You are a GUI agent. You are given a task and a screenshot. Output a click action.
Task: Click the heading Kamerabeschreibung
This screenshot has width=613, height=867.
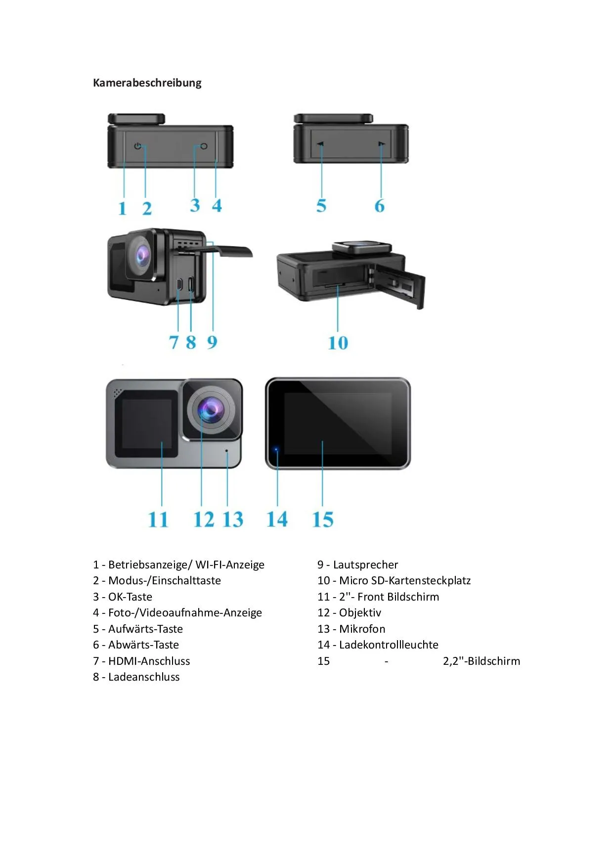click(147, 83)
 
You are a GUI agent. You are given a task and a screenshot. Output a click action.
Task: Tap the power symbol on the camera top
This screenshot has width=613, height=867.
click(138, 146)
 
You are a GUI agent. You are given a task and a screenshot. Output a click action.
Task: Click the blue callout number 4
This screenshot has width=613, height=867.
click(217, 205)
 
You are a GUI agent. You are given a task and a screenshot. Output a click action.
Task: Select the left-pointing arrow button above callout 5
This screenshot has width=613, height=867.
click(320, 144)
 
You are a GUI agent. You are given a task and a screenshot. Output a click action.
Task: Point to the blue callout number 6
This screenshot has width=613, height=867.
click(379, 206)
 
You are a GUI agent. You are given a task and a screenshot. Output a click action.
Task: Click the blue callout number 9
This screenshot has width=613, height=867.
click(212, 342)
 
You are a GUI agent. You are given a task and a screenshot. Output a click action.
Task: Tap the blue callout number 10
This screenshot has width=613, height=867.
click(338, 343)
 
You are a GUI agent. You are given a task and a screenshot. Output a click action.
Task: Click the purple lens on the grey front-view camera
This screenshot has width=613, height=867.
click(212, 410)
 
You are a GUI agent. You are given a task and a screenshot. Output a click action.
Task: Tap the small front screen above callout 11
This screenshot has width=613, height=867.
click(146, 424)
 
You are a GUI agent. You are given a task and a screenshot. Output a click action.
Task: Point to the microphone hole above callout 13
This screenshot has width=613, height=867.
click(227, 451)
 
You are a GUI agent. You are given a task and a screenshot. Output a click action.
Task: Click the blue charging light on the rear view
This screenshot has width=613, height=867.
click(276, 449)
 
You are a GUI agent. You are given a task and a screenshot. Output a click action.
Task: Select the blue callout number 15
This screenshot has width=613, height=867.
click(323, 520)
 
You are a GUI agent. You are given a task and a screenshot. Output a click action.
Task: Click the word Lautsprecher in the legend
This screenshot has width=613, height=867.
click(365, 564)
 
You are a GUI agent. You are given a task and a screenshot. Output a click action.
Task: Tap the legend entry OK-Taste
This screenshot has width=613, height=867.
click(130, 597)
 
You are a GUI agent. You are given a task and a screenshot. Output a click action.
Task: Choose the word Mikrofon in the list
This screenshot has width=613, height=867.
click(362, 629)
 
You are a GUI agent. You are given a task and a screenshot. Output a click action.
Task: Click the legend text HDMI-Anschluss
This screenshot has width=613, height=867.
click(149, 661)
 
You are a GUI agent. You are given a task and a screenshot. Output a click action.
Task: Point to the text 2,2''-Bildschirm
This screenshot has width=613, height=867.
click(482, 661)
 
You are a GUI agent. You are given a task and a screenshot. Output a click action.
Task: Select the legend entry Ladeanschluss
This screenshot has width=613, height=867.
click(144, 677)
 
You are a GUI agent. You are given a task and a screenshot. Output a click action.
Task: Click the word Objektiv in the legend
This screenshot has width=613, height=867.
click(360, 613)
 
